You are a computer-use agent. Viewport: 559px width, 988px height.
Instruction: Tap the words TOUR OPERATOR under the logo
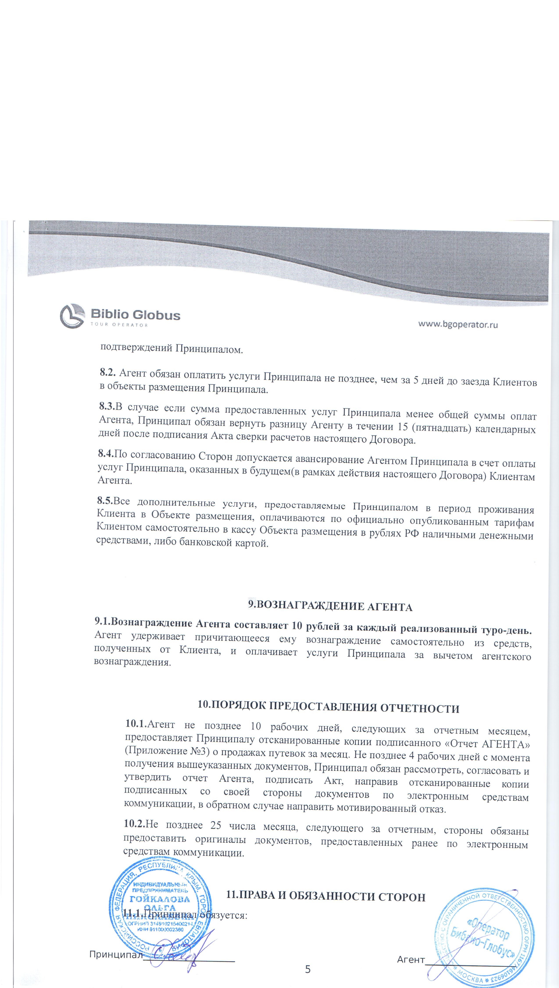(x=119, y=325)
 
